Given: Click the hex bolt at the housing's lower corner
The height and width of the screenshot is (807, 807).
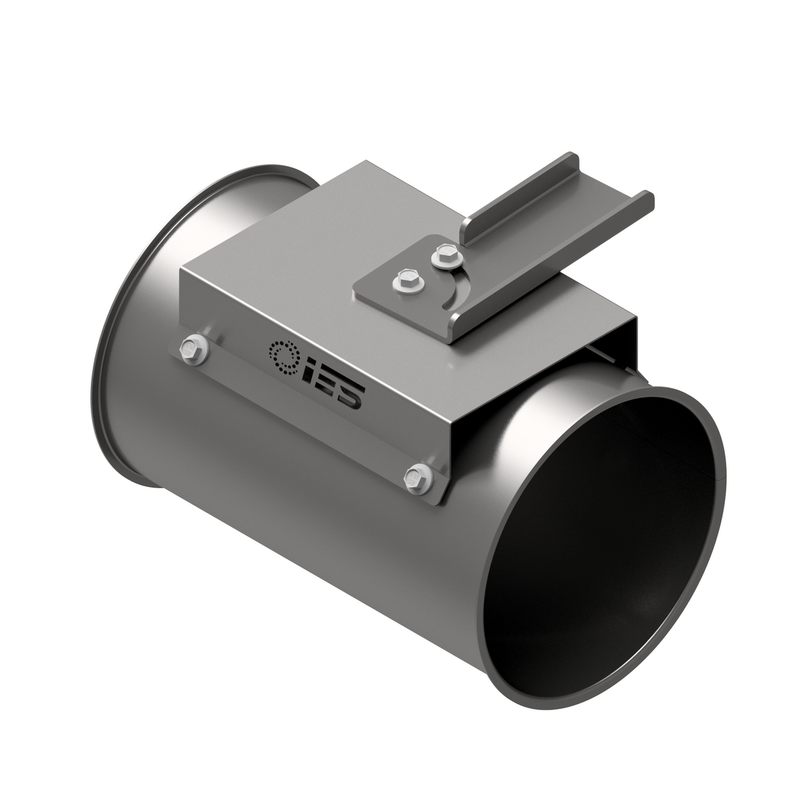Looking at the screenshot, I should point(415,477).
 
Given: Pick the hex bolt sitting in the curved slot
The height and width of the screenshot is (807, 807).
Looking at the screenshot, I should point(443,254).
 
